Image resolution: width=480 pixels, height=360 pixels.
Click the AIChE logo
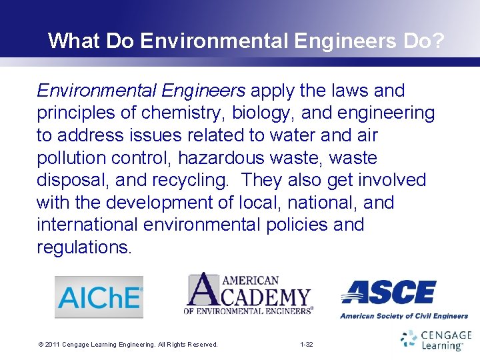pyautogui.click(x=99, y=297)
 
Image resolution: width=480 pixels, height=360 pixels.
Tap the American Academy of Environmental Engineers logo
pyautogui.click(x=249, y=293)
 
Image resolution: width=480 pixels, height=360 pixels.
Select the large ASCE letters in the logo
pyautogui.click(x=389, y=292)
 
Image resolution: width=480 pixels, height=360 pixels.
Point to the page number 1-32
pyautogui.click(x=307, y=345)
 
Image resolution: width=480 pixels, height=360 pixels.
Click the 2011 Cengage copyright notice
pyautogui.click(x=128, y=345)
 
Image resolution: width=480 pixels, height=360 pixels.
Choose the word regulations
pyautogui.click(x=85, y=247)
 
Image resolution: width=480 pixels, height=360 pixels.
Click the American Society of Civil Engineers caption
pyautogui.click(x=404, y=316)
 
